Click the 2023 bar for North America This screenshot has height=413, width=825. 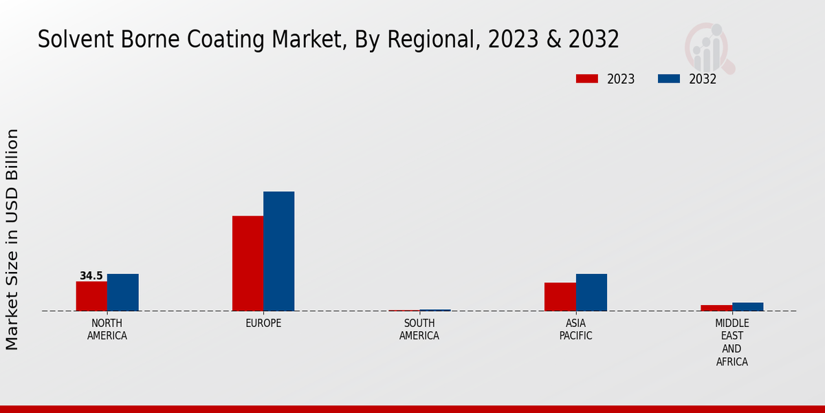click(91, 296)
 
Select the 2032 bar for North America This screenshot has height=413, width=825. click(122, 293)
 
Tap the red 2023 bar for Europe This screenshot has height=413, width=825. click(247, 264)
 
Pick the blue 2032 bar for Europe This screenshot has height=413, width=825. click(278, 251)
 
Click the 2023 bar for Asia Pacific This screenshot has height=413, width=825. click(560, 297)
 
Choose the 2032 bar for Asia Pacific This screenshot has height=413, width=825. click(591, 293)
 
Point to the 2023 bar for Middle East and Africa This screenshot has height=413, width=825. click(716, 308)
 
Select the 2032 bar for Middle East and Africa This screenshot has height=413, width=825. click(747, 306)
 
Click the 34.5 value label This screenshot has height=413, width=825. click(91, 276)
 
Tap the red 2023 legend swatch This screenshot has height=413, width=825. click(586, 79)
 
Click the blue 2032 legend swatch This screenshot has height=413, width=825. click(668, 79)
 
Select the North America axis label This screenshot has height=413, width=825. click(107, 330)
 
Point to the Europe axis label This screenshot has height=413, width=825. click(263, 324)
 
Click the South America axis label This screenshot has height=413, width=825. click(419, 330)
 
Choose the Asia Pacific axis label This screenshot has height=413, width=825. click(575, 330)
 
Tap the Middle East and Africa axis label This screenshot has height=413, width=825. click(732, 342)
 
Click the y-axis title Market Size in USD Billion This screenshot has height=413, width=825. click(12, 240)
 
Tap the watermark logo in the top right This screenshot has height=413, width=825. click(708, 47)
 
